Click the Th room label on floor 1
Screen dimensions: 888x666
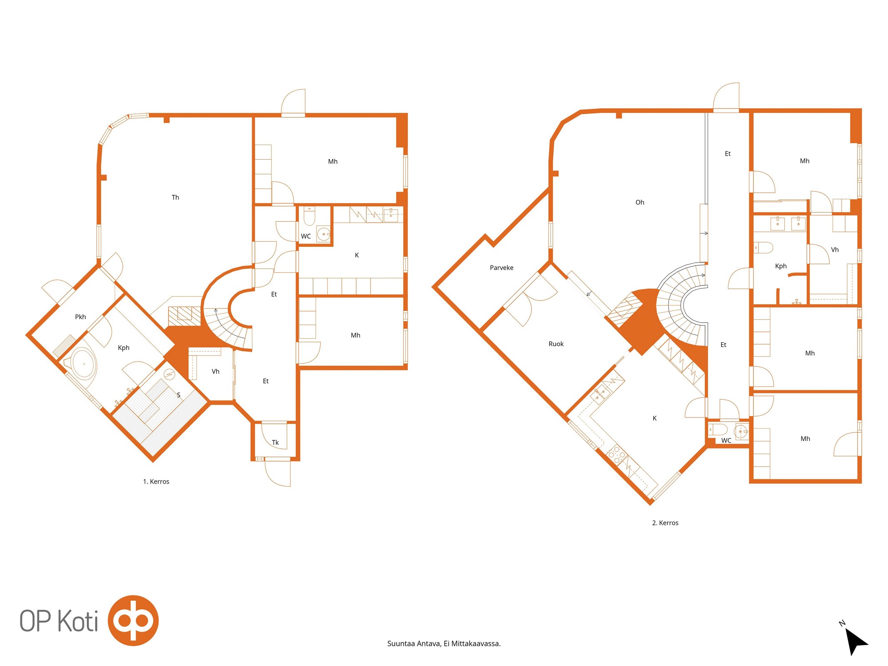click(x=175, y=197)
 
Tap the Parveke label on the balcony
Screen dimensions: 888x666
click(x=501, y=268)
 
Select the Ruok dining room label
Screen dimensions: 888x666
click(x=556, y=344)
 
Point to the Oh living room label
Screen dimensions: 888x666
click(x=639, y=202)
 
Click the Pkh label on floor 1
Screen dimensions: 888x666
click(x=80, y=317)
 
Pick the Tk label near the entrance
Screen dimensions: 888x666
click(x=275, y=442)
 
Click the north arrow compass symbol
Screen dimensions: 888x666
click(x=856, y=641)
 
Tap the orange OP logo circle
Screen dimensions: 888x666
click(x=133, y=620)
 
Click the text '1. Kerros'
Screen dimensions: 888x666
click(x=156, y=482)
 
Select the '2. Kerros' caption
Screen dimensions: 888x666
click(x=665, y=523)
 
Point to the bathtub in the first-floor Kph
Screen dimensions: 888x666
click(x=83, y=363)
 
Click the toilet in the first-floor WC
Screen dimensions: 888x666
click(x=309, y=216)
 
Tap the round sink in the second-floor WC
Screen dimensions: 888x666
click(x=741, y=432)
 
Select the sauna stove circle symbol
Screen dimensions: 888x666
click(x=169, y=375)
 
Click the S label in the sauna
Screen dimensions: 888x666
click(x=179, y=395)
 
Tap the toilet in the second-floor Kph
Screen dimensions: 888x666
click(x=764, y=248)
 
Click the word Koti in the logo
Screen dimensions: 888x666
click(x=77, y=621)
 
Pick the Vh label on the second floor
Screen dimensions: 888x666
click(x=834, y=250)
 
